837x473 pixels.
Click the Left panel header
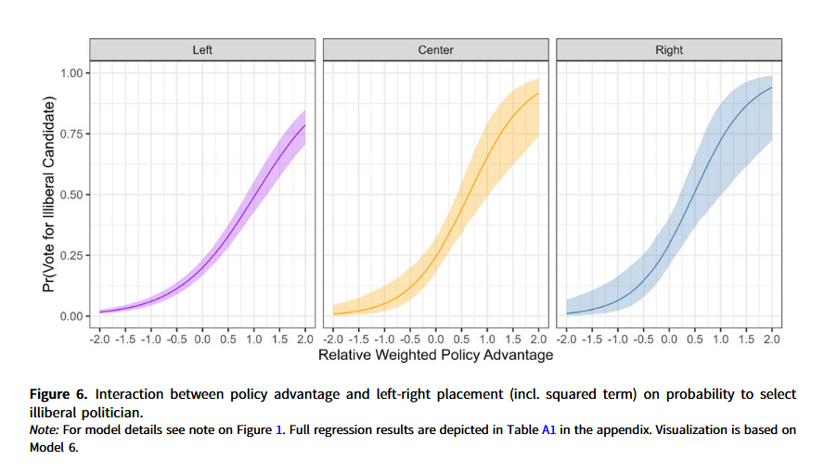coord(202,50)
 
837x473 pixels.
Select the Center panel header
coord(436,50)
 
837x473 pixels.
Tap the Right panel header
coord(669,50)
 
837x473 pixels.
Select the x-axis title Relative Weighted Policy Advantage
coord(436,355)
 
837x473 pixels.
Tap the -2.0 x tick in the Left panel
coord(98,339)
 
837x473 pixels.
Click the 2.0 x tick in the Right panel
coord(772,339)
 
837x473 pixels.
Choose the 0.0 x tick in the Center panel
coord(436,339)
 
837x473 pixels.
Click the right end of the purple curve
coord(305,125)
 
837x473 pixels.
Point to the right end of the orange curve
coord(539,93)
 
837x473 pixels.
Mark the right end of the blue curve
coord(772,87)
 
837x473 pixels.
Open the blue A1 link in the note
coord(547,430)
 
